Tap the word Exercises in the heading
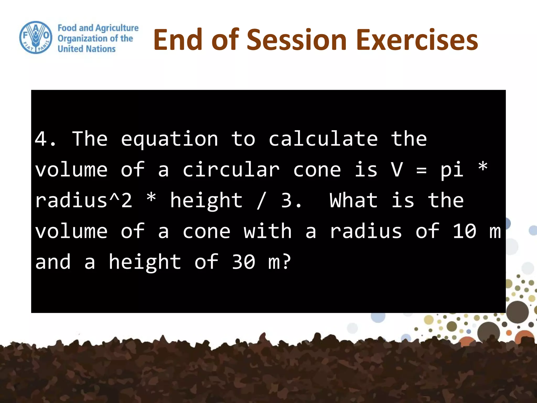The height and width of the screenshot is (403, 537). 417,40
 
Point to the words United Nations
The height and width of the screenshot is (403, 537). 87,49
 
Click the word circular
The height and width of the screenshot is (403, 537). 231,169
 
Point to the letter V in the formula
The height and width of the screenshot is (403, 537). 396,169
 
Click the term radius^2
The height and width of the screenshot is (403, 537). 84,200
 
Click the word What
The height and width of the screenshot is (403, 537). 353,200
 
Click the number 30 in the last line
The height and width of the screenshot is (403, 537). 243,262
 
